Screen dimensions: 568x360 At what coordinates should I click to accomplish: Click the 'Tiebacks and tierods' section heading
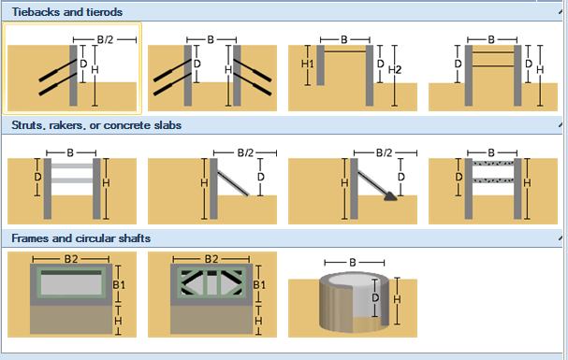point(67,12)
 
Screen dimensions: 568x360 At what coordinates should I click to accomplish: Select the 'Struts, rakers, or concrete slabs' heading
point(96,125)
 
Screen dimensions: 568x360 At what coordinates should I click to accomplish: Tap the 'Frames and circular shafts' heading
point(81,238)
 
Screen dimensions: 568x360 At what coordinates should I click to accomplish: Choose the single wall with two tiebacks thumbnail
point(72,69)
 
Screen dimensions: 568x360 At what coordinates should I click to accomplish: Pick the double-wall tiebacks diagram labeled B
point(212,73)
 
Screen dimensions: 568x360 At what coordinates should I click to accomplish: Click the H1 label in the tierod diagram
point(308,64)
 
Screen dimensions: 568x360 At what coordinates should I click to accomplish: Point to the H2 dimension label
point(395,70)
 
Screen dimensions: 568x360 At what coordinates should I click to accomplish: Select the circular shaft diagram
point(353,296)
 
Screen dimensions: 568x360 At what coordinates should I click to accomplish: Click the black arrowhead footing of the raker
point(390,196)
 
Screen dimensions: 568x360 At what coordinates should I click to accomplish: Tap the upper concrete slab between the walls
point(493,164)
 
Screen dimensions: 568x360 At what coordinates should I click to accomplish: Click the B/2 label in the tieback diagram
point(105,39)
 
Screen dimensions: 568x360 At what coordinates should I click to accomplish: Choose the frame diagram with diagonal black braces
point(212,295)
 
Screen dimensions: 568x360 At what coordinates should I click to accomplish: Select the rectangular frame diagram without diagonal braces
point(72,295)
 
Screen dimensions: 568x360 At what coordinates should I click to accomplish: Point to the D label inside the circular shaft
point(375,297)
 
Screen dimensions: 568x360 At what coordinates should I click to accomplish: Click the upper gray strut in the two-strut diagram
point(72,166)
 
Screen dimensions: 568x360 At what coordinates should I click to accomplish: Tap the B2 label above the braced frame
point(211,259)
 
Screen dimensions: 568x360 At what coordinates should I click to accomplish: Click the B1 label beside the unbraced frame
point(119,285)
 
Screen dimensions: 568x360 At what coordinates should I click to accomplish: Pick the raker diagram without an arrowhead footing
point(212,186)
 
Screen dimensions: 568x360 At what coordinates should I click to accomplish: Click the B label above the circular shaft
point(353,263)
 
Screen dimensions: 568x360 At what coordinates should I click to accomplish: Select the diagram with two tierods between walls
point(493,73)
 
